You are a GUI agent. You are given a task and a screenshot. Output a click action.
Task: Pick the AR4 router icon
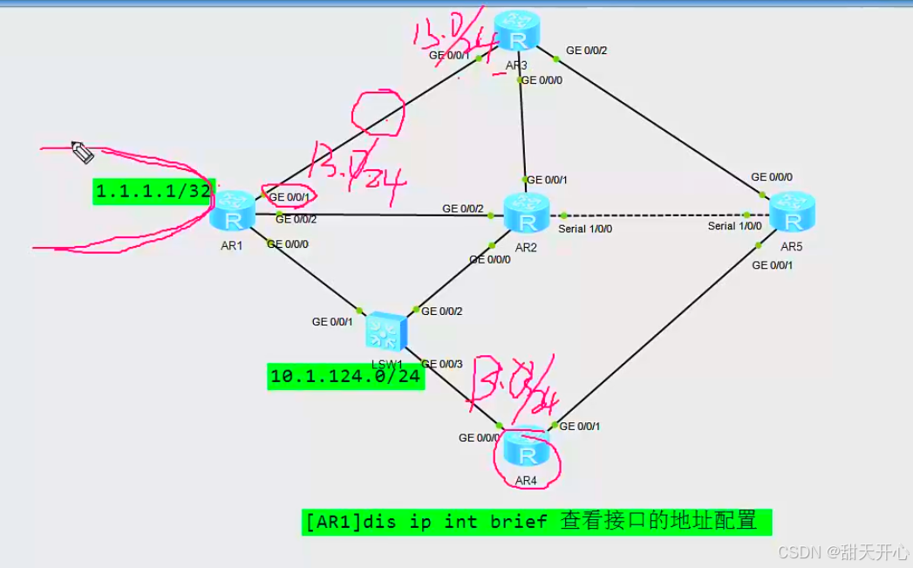527,450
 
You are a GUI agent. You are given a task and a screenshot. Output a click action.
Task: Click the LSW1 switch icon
385,330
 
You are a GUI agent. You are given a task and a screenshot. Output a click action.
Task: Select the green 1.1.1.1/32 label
153,191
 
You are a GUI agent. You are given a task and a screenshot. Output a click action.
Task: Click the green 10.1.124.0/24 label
345,377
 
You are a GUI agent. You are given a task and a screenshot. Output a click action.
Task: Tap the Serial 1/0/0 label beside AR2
585,229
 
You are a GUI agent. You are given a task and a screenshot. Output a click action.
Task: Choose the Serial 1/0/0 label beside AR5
734,226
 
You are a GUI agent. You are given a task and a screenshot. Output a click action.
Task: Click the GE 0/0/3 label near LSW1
442,364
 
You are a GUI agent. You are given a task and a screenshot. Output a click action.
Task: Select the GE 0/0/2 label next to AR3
586,51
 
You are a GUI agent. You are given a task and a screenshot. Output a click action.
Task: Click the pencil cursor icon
82,153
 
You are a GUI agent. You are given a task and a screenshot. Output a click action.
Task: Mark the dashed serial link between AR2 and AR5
654,215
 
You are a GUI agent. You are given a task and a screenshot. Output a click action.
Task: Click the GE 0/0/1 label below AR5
772,264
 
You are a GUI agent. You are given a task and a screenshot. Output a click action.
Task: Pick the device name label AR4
526,481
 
